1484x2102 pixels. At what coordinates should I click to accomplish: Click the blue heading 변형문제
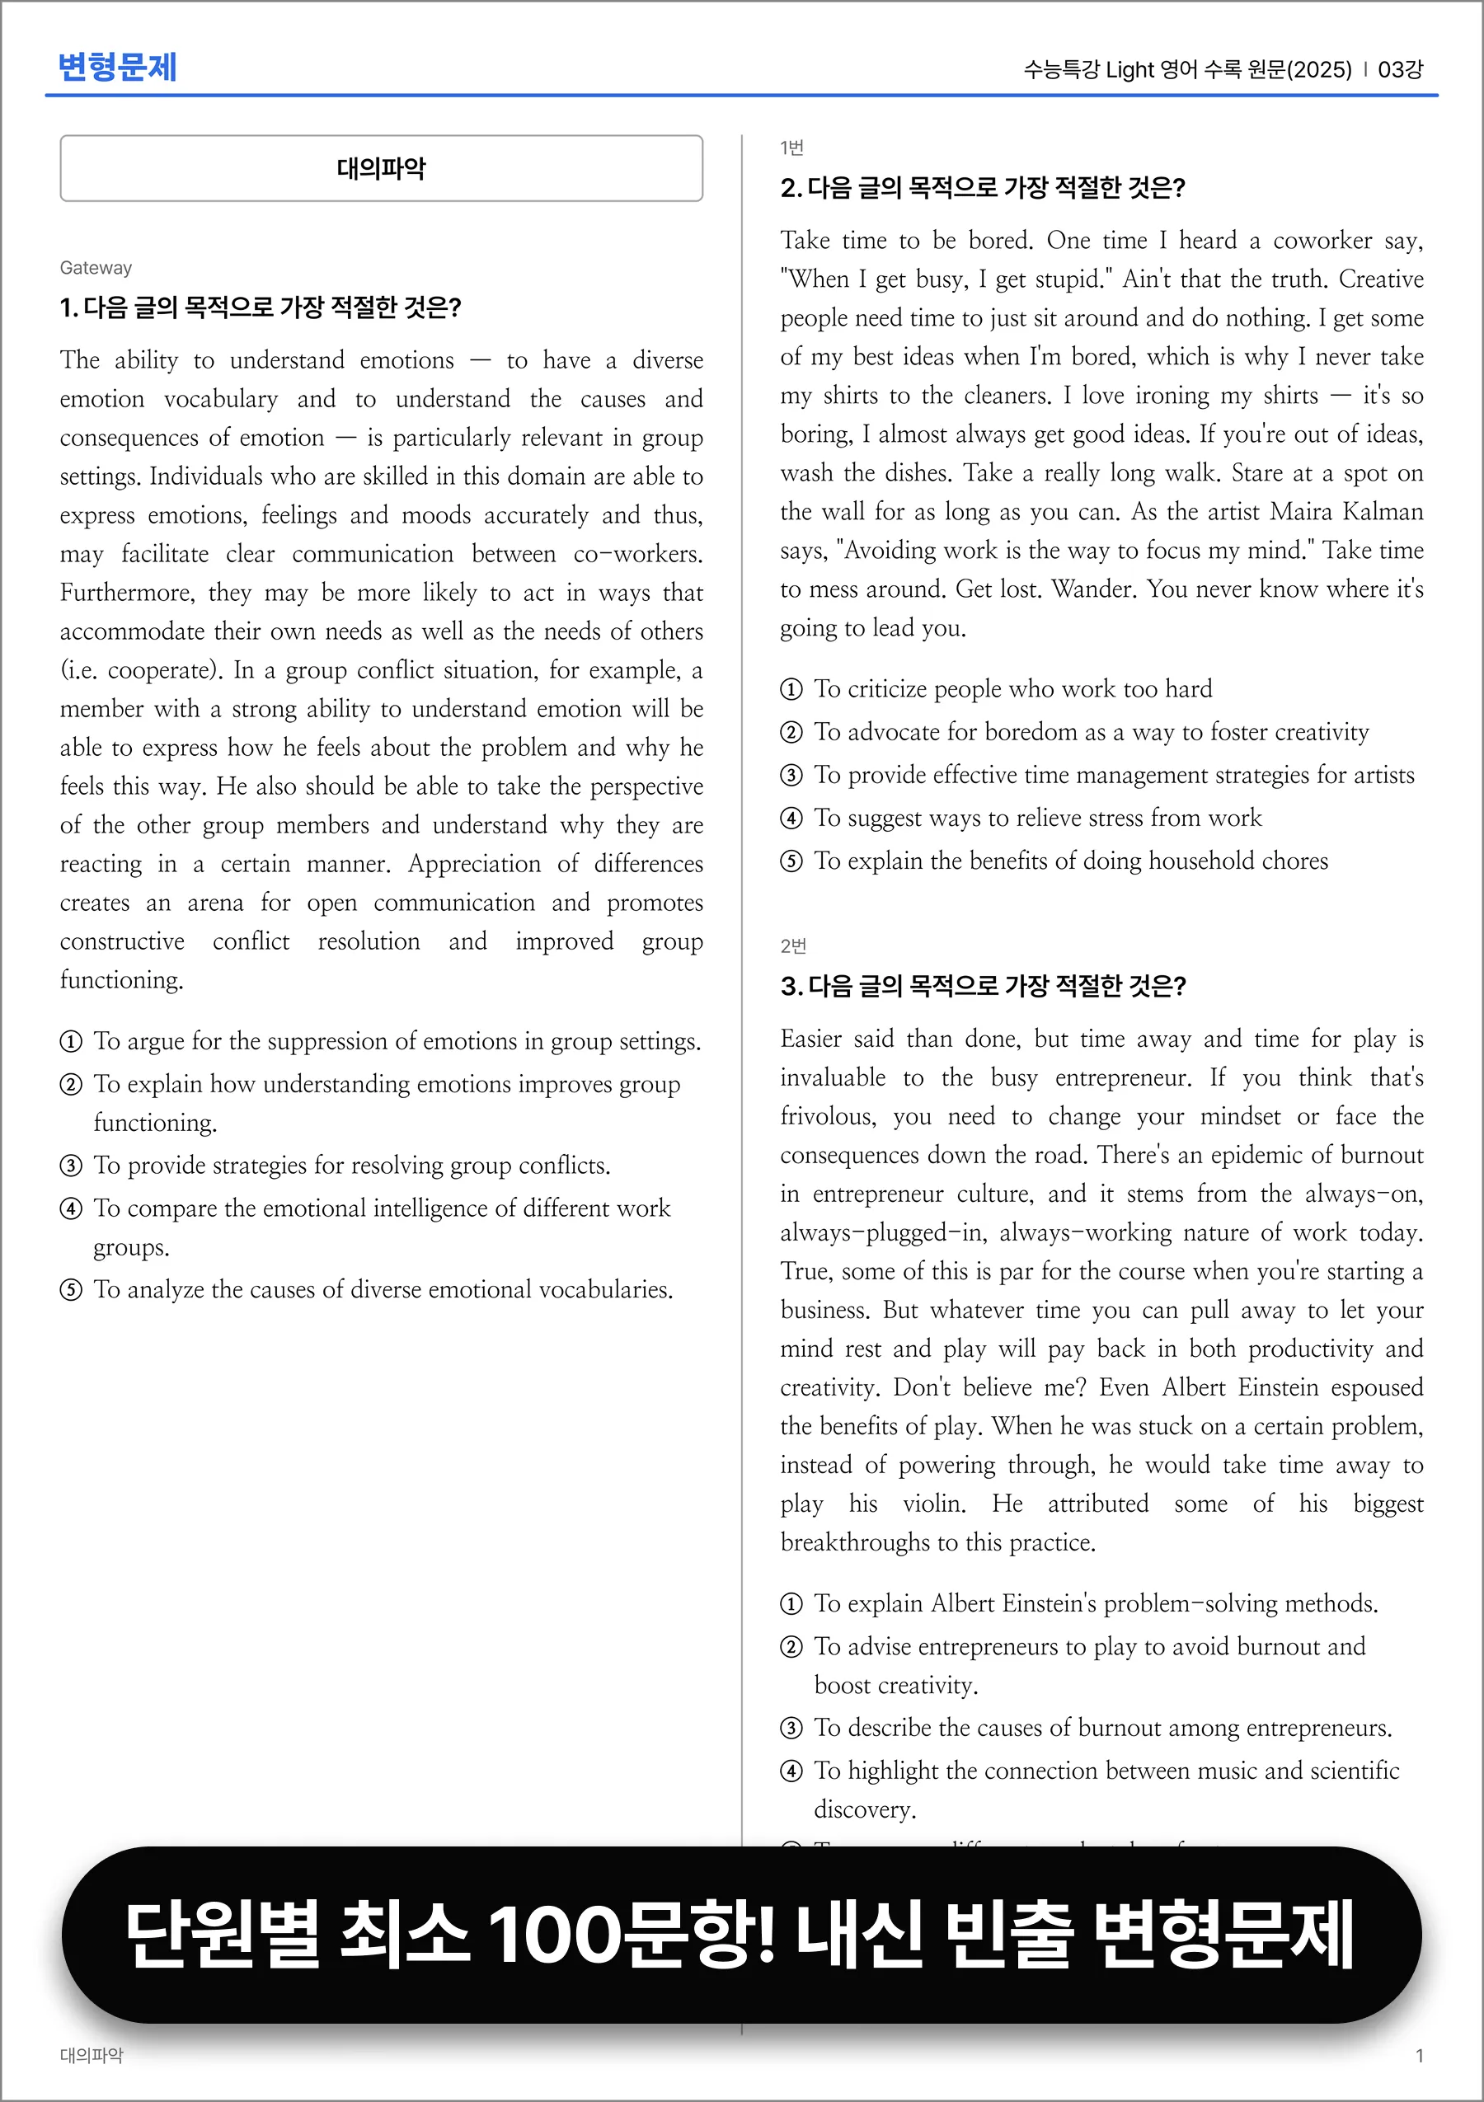(117, 67)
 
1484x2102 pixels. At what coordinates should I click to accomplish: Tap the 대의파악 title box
(381, 168)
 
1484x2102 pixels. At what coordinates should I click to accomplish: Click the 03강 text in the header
(1400, 69)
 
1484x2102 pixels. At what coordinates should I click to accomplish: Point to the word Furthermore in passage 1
(127, 594)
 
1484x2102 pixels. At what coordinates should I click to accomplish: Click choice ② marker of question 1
(71, 1085)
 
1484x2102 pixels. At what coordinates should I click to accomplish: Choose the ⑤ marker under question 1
(71, 1290)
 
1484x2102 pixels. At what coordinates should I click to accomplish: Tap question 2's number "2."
(791, 189)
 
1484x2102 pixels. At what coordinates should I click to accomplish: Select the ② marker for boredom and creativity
(791, 733)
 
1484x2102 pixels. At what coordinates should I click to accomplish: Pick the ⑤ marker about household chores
(791, 861)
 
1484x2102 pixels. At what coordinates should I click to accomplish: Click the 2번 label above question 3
(793, 945)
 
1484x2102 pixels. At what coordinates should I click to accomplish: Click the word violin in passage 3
(933, 1504)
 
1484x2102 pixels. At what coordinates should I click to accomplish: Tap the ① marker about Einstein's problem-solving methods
(791, 1604)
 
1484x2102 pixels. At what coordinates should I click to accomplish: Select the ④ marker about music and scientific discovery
(791, 1771)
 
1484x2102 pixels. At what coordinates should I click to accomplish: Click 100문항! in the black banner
(632, 1934)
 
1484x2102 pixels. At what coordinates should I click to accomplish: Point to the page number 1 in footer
(1419, 2055)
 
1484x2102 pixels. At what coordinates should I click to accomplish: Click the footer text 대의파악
(92, 2055)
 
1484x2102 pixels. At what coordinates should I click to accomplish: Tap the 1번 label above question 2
(792, 148)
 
